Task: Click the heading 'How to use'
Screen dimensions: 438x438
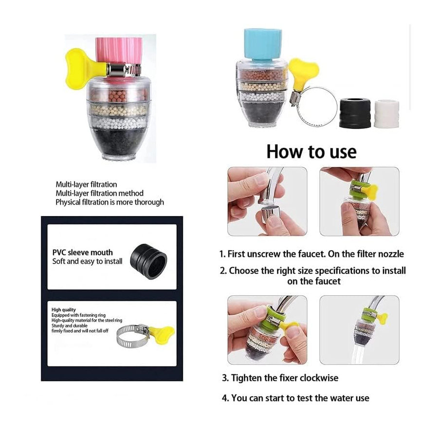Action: [x=311, y=152]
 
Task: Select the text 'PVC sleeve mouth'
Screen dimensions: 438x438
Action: [x=82, y=253]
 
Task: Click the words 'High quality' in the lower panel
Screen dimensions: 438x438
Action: [x=63, y=310]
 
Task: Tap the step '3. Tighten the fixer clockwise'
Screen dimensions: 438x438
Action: [x=280, y=378]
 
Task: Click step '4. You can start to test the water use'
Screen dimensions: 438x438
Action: [x=295, y=398]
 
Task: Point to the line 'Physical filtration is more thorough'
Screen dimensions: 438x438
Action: [x=109, y=202]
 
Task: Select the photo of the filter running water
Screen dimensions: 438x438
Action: [x=359, y=330]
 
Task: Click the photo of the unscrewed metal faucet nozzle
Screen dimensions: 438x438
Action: [x=267, y=201]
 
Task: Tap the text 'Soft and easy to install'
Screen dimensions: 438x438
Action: [x=88, y=262]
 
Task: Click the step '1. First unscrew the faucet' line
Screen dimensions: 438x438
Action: [x=311, y=254]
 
